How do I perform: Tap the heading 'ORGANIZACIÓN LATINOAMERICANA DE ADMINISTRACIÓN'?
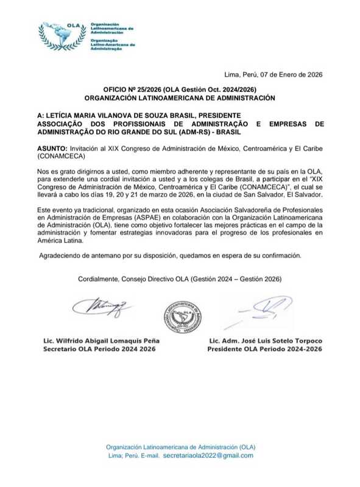point(180,97)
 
